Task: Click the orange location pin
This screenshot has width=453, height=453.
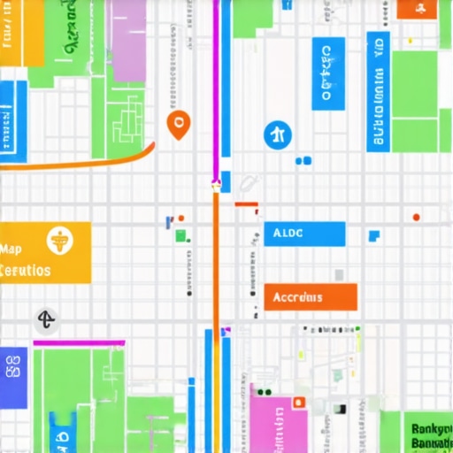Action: [x=178, y=125]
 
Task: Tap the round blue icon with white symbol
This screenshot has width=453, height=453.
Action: [x=278, y=135]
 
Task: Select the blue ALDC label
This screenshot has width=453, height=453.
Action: [x=304, y=234]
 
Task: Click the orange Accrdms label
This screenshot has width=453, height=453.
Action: [x=310, y=297]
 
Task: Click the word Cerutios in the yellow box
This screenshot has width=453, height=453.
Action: [x=25, y=271]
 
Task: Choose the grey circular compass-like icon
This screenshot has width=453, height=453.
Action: [x=47, y=320]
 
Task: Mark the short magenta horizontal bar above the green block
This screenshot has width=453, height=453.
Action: [x=79, y=342]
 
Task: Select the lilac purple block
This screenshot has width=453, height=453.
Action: [x=128, y=40]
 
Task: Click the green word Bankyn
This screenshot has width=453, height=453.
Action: [x=431, y=429]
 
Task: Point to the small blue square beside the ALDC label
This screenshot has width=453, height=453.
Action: [x=374, y=235]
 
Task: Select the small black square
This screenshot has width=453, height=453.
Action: [x=339, y=409]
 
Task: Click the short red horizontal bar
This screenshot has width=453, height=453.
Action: [x=246, y=204]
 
